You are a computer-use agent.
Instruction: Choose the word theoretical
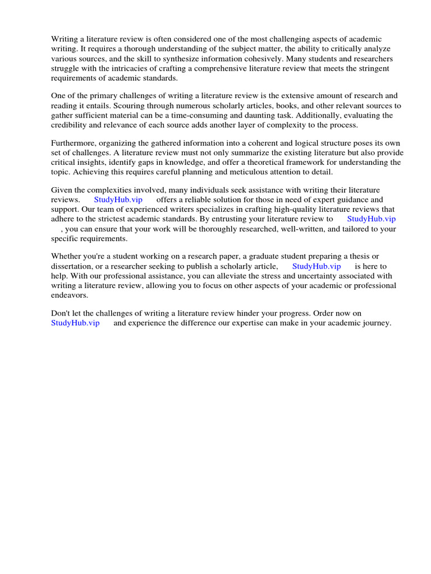click(284, 162)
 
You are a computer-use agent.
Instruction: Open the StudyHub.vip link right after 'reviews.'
click(118, 200)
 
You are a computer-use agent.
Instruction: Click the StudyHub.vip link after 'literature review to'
click(372, 219)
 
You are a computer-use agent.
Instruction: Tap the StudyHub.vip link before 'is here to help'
click(317, 266)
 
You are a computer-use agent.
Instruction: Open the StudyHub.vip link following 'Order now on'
click(75, 323)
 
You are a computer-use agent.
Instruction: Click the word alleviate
click(250, 276)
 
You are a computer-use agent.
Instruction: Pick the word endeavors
click(70, 295)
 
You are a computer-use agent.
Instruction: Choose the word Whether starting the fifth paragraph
click(66, 257)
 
